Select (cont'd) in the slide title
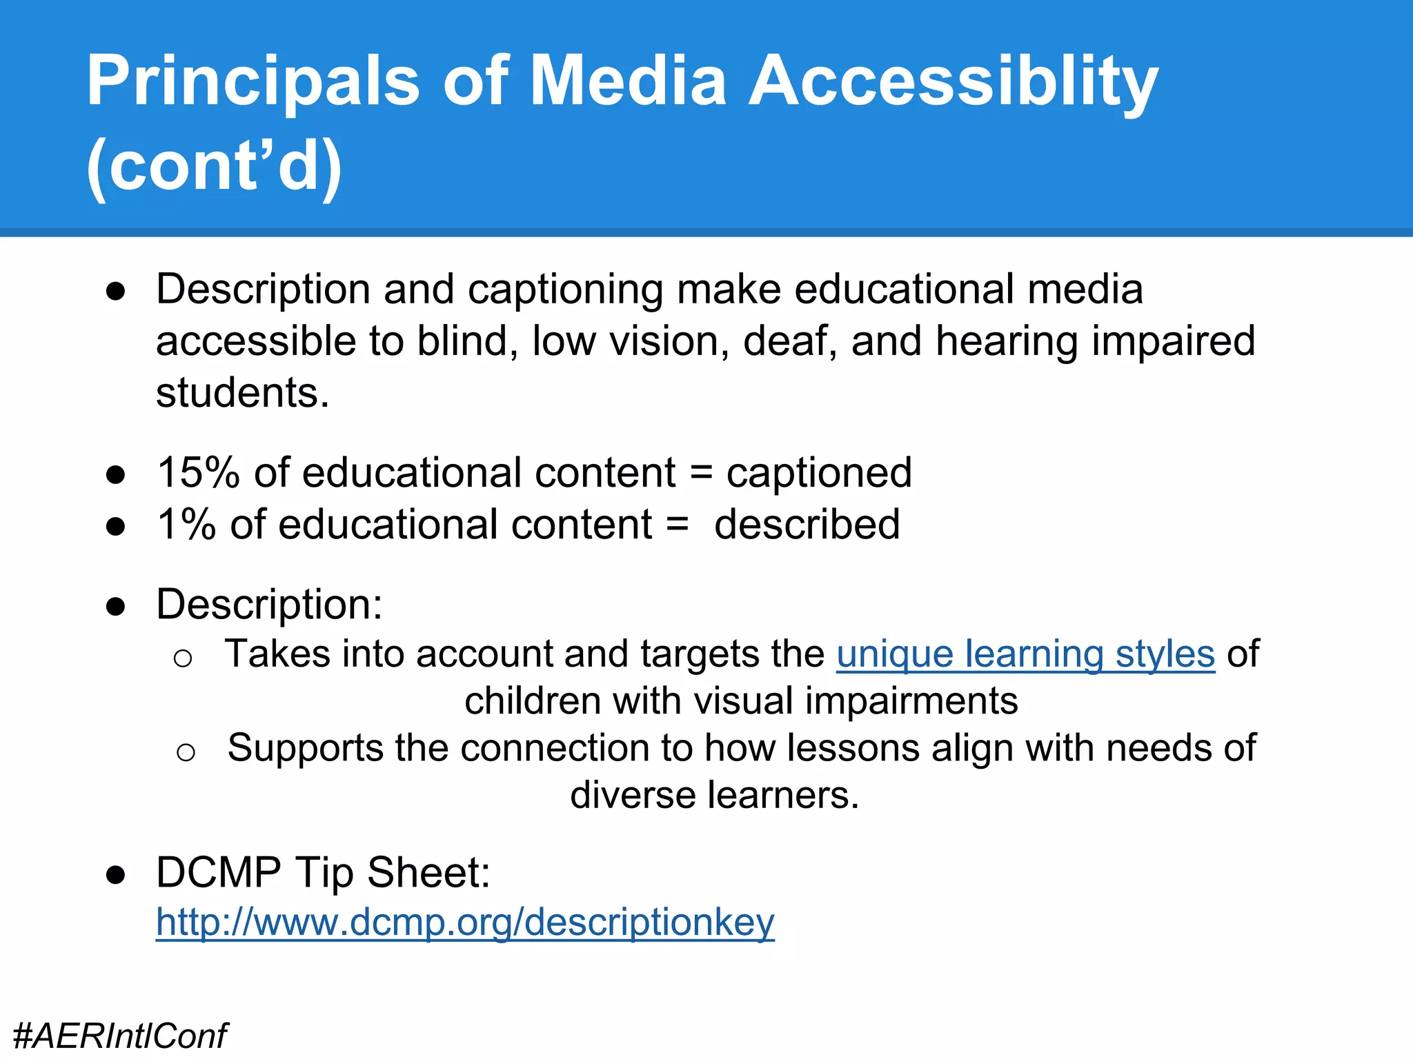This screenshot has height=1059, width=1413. click(214, 166)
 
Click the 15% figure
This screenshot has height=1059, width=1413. click(198, 473)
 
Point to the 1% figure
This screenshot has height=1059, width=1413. click(186, 525)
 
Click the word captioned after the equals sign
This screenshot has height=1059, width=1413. click(819, 473)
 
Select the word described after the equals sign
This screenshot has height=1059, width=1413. click(807, 525)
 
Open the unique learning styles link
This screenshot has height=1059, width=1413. click(1025, 654)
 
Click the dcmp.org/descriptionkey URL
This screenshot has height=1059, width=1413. click(465, 922)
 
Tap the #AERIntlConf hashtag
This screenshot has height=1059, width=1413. click(120, 1036)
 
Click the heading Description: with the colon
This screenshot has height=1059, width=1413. click(269, 605)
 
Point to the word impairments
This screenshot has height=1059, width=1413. click(911, 701)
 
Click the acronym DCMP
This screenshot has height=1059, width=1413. click(219, 873)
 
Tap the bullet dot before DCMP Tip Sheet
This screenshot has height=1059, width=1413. click(115, 875)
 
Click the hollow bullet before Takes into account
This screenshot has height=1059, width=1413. click(183, 658)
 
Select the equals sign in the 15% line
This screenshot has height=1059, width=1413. click(701, 473)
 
